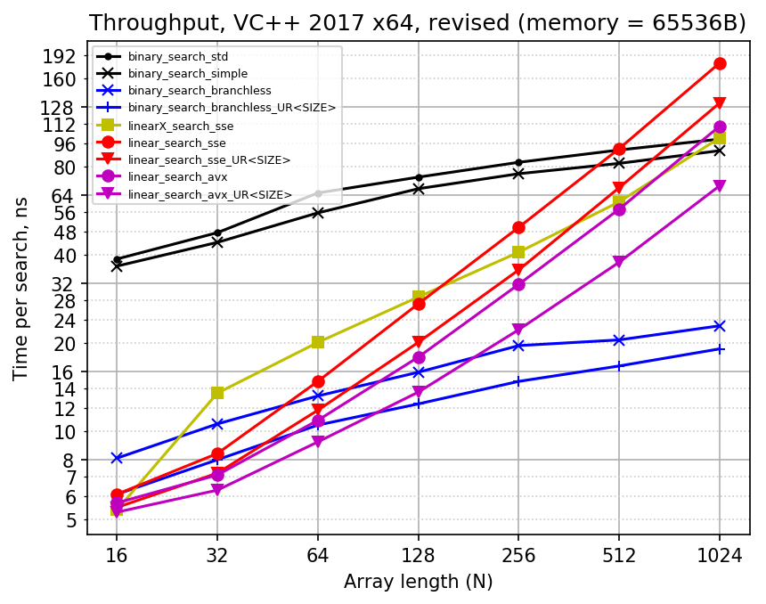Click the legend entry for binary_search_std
178,56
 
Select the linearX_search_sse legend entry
180,126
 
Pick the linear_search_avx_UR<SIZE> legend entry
209,194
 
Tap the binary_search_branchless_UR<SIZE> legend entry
232,108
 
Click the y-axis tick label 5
71,520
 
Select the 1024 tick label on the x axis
720,557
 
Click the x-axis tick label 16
117,557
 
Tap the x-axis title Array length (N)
418,583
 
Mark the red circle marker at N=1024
720,63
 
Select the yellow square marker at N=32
217,393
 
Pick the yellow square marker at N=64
318,342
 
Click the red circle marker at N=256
518,227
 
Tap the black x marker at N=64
318,213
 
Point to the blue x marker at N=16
117,458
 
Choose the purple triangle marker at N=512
619,262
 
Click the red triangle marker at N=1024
720,103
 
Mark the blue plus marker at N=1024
720,348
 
